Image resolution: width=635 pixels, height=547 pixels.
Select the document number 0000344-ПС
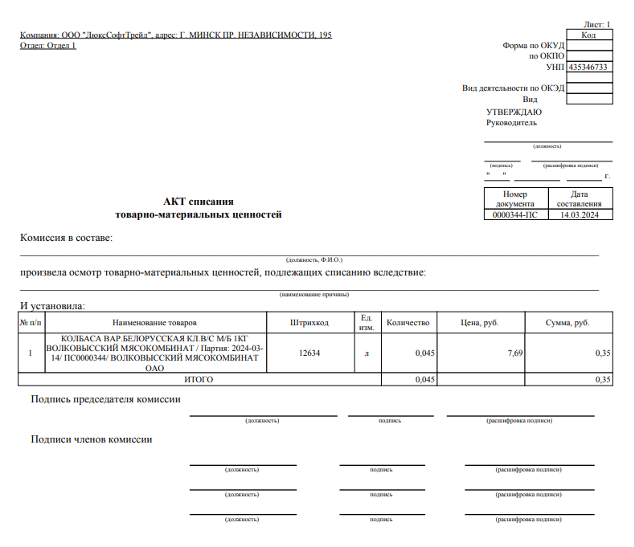coord(514,215)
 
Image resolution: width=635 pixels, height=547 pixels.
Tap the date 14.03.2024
coord(580,215)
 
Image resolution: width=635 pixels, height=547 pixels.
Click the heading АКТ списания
coord(199,201)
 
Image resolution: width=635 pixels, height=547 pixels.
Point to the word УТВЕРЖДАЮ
coord(514,112)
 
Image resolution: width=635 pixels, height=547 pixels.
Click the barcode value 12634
coord(309,353)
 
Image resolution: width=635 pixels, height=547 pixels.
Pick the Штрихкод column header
coord(309,323)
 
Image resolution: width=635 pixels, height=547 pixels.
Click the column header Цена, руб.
coord(480,323)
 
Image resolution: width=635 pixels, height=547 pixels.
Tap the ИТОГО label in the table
coord(199,379)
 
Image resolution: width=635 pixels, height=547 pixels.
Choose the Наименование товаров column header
coord(154,323)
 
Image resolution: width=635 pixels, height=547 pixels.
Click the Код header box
coord(589,35)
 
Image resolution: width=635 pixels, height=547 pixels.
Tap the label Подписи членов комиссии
coord(92,439)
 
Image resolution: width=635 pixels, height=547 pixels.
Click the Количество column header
coord(408,323)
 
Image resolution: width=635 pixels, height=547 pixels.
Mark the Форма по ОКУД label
coord(534,46)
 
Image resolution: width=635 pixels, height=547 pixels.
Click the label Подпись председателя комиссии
coord(105,399)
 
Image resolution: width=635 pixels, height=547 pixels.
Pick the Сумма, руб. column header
coord(567,323)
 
